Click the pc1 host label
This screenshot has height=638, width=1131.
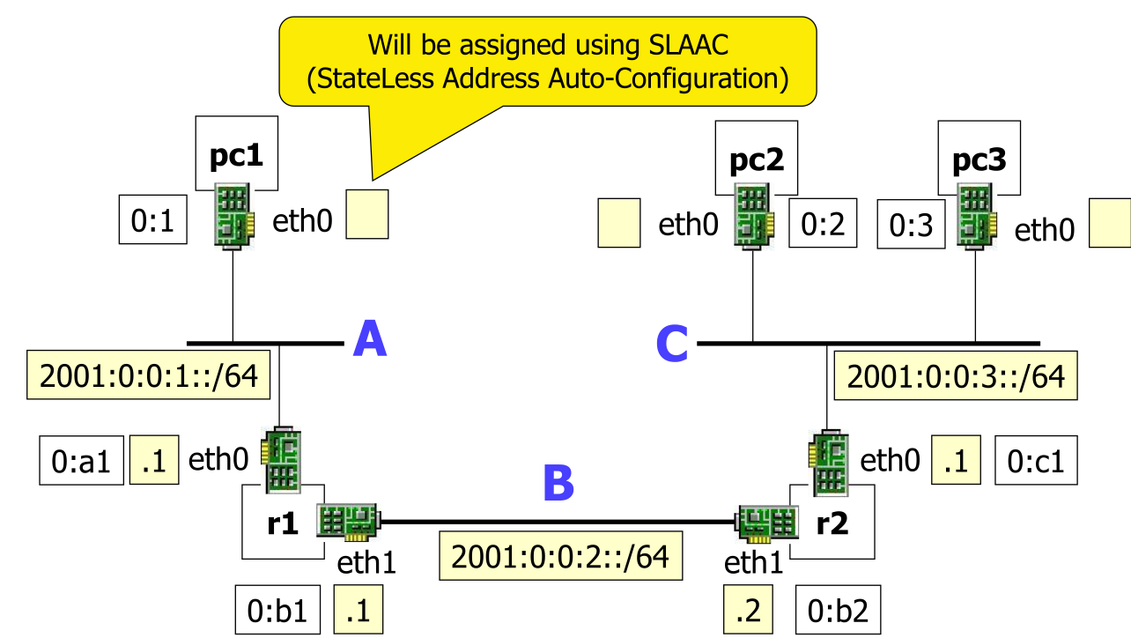point(236,156)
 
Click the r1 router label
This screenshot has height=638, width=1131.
point(283,523)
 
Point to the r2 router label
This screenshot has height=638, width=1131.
point(832,523)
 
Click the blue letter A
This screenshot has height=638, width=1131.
point(370,340)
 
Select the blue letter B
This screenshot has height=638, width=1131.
point(558,484)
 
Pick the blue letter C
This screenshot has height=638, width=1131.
point(672,345)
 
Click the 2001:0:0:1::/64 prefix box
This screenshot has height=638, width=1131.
point(147,376)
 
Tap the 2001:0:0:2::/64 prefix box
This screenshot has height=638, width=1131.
point(561,556)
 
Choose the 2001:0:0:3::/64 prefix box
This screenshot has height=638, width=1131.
point(956,376)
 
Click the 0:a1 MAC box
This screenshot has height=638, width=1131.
point(81,461)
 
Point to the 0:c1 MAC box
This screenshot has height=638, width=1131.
point(1036,461)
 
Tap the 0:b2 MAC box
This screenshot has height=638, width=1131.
point(838,611)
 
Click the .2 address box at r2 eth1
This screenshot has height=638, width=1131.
point(748,611)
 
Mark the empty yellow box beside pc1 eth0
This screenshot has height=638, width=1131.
point(366,214)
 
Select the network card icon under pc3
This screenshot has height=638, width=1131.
point(978,217)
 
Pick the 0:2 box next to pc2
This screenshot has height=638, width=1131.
point(823,224)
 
